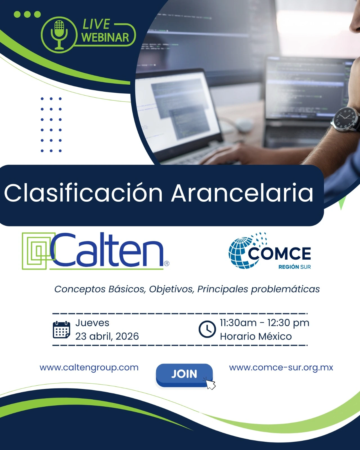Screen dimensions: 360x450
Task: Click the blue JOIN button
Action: pos(184,375)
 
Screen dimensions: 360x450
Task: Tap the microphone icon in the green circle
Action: pos(59,35)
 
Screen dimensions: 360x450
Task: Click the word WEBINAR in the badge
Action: pos(105,38)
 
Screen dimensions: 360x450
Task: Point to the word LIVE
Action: pos(96,24)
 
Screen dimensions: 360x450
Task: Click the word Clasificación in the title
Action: pos(83,193)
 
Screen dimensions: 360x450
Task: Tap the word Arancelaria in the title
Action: pos(242,193)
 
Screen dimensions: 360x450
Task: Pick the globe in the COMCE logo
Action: pos(243,253)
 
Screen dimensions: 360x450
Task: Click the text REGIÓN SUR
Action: pos(294,267)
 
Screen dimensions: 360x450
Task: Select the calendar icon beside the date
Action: pos(61,330)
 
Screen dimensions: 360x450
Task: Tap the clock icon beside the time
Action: pos(207,329)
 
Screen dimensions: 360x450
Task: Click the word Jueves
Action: pos(92,323)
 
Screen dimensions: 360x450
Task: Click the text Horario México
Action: pos(256,336)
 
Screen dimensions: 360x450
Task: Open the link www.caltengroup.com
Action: pos(89,367)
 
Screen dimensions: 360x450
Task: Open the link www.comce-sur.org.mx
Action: pos(281,367)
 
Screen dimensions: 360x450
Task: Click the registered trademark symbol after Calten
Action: pos(166,264)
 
